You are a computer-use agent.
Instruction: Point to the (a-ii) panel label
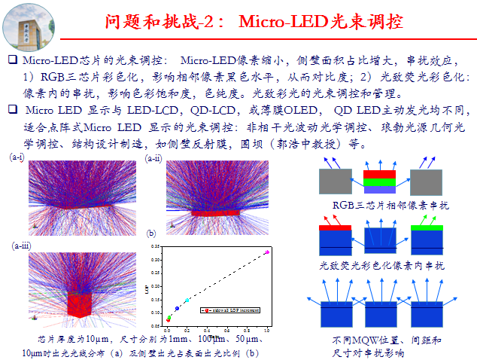coord(153,158)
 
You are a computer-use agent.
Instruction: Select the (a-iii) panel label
coord(21,246)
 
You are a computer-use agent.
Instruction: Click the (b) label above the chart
coord(151,233)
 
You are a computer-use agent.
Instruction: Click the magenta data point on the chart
coord(267,252)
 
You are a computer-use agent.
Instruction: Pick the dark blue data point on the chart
coord(177,308)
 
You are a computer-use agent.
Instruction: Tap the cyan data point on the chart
coord(187,301)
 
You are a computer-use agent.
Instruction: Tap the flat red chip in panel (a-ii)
coord(211,213)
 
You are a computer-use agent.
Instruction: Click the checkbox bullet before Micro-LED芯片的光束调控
coord(11,59)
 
